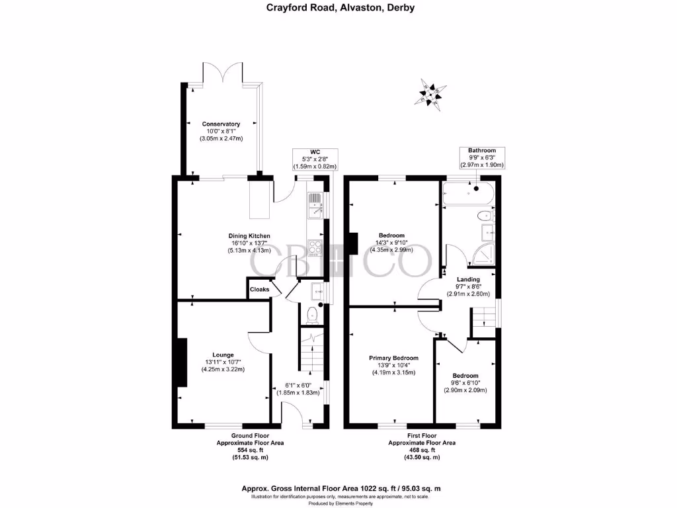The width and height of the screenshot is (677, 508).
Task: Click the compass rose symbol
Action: (x=429, y=93)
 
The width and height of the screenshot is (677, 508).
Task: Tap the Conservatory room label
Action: (x=221, y=124)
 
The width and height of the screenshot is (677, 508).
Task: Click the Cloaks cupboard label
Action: (x=259, y=290)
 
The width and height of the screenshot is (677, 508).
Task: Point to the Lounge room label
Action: (x=223, y=355)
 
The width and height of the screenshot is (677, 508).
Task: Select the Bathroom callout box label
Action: (x=481, y=151)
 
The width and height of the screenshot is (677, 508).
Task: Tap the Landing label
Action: (x=468, y=279)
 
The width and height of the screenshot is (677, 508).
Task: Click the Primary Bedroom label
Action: (x=393, y=358)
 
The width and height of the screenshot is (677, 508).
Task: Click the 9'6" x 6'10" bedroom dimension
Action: (x=465, y=383)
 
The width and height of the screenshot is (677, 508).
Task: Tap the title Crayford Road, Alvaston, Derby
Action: (x=340, y=8)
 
